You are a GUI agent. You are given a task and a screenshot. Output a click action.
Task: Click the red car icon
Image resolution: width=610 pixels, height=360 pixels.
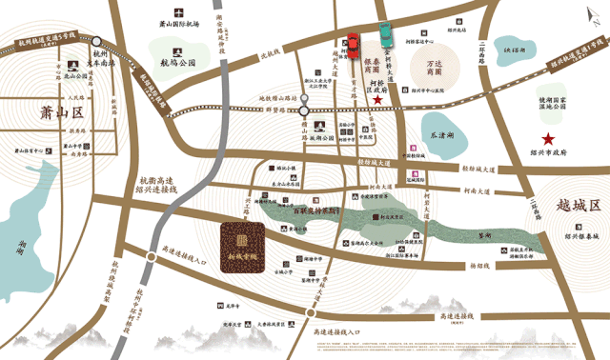coord(351,46)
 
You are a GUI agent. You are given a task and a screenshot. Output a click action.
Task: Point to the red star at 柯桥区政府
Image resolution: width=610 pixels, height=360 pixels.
coord(377,99)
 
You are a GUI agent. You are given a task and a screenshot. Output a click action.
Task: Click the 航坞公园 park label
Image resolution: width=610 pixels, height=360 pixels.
coord(177,62)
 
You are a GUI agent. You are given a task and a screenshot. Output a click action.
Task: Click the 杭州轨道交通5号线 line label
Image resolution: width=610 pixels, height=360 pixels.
coord(46,42)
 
